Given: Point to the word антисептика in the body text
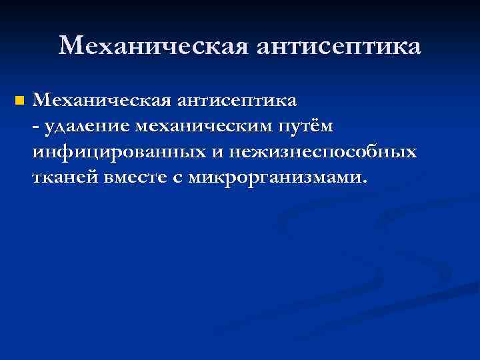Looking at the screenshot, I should [x=237, y=101].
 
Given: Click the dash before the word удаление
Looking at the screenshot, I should [x=35, y=128].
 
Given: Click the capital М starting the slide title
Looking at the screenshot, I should [x=71, y=47].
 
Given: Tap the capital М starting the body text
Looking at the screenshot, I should [x=41, y=101].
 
